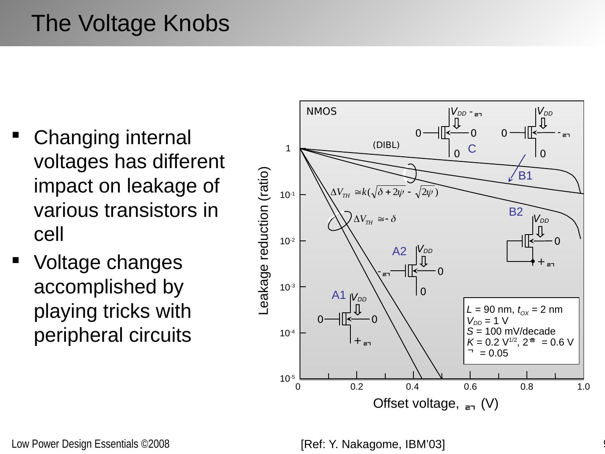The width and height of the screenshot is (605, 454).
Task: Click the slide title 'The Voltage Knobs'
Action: (130, 24)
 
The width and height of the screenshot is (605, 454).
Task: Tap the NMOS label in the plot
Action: (321, 112)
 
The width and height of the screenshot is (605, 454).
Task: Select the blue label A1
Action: (339, 295)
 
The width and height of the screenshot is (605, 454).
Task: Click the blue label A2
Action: (399, 251)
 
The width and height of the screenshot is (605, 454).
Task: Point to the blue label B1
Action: (525, 176)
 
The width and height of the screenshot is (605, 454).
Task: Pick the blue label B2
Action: (516, 212)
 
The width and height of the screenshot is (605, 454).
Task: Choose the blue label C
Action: (471, 149)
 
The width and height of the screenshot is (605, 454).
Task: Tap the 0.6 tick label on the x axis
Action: (470, 387)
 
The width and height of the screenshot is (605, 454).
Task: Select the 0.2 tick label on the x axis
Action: (357, 387)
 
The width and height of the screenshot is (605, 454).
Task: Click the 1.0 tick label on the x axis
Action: (584, 387)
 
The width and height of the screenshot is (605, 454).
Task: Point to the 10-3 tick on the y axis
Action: (287, 288)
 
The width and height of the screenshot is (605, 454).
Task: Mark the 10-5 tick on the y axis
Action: (287, 379)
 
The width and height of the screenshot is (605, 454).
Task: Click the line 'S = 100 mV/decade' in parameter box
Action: (511, 331)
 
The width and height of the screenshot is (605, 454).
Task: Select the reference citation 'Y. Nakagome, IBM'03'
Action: (373, 444)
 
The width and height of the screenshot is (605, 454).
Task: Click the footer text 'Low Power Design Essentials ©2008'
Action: (90, 444)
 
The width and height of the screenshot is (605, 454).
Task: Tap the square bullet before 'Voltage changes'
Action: (16, 260)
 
